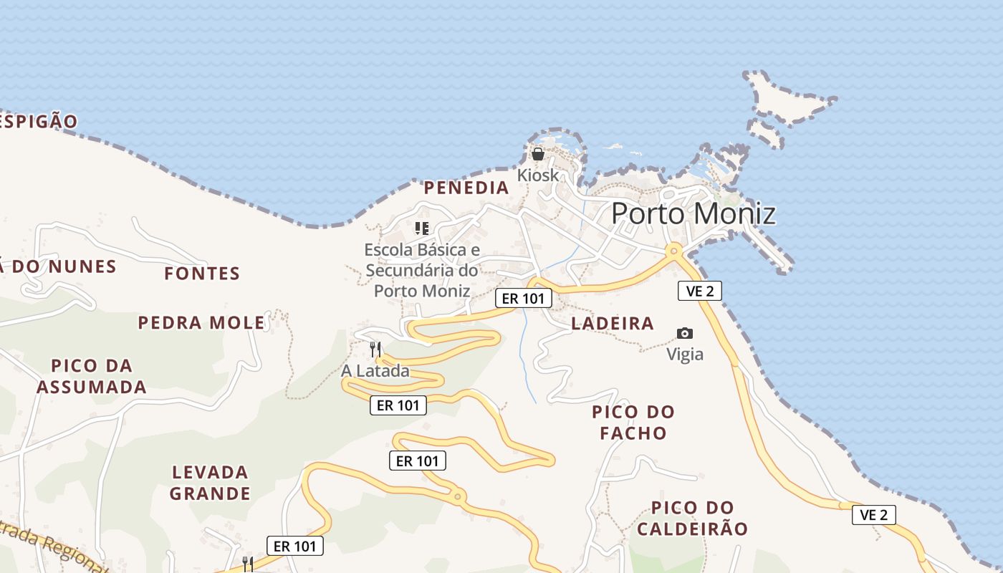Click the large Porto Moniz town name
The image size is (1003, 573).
point(693,213)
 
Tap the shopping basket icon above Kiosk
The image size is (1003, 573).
point(538,154)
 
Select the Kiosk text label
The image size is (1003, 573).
point(537,175)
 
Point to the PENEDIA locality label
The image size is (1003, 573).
point(466,188)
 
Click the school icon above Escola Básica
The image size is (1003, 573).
point(422,228)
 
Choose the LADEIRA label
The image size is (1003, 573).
point(613,324)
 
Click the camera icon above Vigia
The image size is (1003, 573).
point(685,333)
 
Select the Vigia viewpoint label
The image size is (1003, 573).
point(685,354)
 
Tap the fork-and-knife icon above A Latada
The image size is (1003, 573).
point(375,350)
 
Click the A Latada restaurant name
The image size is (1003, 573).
point(375,371)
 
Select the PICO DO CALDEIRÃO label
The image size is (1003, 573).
point(692,519)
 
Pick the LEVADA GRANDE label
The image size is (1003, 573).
point(211,483)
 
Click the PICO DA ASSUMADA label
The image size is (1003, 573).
point(92,377)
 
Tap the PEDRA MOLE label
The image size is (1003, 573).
point(201,323)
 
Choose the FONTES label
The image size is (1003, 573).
point(202,274)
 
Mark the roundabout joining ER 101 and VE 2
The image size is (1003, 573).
point(673,251)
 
